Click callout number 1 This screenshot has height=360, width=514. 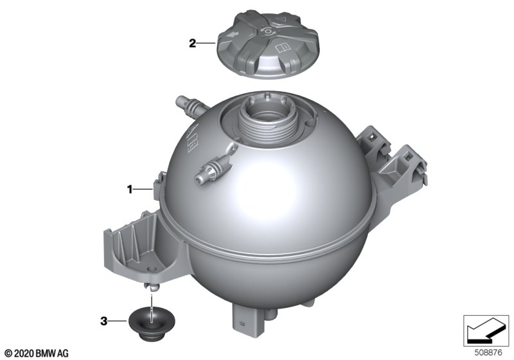pos(130,189)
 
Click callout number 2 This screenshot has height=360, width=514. pos(192,43)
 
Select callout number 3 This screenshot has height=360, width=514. pos(103,321)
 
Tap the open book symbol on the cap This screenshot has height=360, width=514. pos(283,48)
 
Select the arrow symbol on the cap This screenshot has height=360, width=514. pos(233,33)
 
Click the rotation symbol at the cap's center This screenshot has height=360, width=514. pos(268,31)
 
